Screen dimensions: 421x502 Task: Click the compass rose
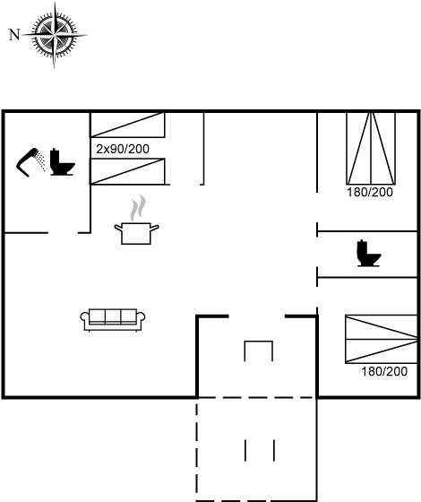coord(54,35)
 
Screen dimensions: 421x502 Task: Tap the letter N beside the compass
coord(14,35)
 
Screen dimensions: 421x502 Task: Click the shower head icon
coord(27,162)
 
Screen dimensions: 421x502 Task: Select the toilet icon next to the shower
coord(62,162)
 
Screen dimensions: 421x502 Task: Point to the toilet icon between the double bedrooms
coord(368,253)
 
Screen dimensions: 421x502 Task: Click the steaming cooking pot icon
coord(136,220)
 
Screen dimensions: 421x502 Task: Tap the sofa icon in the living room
coord(113,319)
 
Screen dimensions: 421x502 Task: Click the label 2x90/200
coord(123,149)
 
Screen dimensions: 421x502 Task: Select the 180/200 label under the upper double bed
coord(370,192)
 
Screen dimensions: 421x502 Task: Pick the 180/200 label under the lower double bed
coord(384,371)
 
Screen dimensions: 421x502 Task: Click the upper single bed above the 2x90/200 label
coord(127,125)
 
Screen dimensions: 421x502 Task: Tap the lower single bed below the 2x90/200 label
coord(127,171)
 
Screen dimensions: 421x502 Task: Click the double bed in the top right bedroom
coord(371,148)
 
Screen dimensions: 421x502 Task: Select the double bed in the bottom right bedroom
coord(382,340)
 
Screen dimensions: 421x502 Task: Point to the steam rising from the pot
coord(138,208)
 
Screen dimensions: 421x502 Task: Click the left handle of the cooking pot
coord(118,228)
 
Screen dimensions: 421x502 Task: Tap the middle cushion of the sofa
coord(113,316)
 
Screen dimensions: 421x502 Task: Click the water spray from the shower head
coord(40,161)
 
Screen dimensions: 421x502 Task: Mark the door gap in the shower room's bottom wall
coord(63,233)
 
